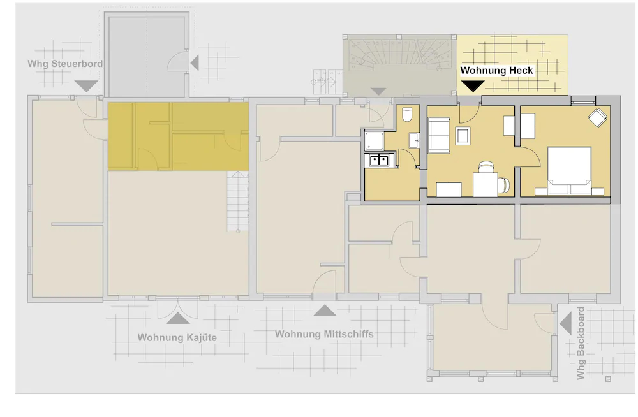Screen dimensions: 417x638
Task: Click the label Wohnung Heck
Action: (497, 70)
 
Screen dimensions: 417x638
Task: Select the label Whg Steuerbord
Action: (65, 64)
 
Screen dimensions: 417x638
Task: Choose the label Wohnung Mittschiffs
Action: (324, 334)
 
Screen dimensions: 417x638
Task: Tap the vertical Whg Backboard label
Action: (581, 344)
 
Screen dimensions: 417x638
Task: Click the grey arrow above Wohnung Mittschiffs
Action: (324, 311)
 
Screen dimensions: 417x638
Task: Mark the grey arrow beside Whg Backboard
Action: (565, 323)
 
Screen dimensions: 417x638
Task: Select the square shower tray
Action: (373, 140)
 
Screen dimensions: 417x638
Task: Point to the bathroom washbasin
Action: (415, 140)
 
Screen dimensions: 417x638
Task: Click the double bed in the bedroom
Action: (568, 169)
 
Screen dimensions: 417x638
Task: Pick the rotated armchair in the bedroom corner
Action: (597, 118)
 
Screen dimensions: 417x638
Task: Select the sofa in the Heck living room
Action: (437, 135)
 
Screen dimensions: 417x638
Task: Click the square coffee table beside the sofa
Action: (463, 135)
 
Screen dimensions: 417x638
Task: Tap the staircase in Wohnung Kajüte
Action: (237, 203)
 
